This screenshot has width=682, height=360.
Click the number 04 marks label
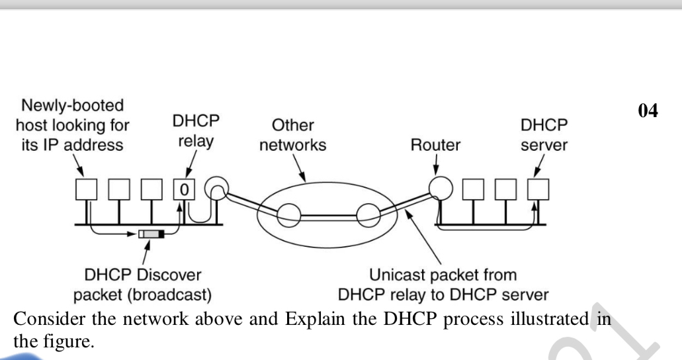(648, 111)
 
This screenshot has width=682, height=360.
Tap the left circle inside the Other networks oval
(288, 215)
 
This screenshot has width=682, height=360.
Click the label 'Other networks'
(292, 136)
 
